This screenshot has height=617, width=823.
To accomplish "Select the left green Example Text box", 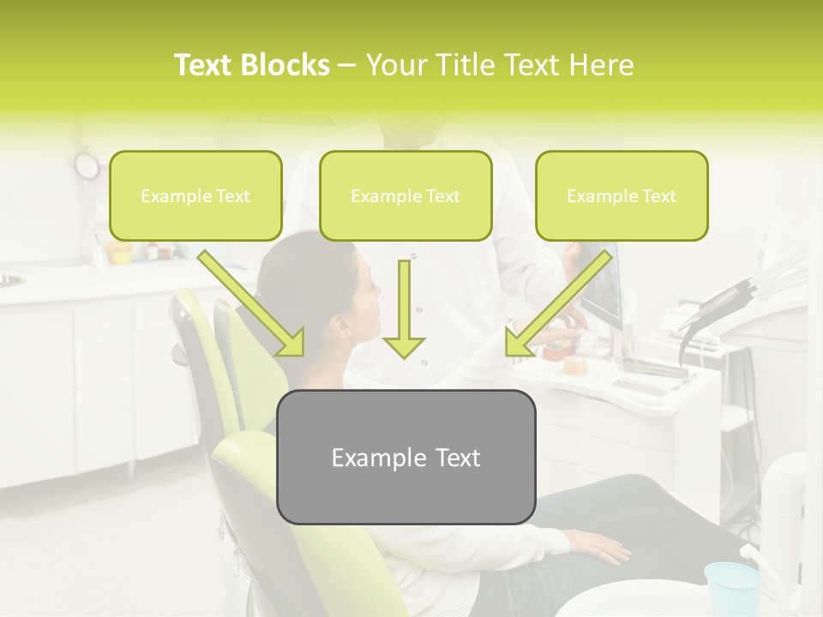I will [195, 196].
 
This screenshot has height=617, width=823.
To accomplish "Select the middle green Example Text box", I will [405, 196].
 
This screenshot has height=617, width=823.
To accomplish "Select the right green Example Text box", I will [622, 196].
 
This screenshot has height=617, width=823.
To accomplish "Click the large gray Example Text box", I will [405, 458].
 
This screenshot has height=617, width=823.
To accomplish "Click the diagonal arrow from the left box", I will [252, 303].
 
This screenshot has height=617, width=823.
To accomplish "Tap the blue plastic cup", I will [732, 589].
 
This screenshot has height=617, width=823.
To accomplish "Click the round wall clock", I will [87, 165].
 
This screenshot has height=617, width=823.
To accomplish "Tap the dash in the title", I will [347, 66].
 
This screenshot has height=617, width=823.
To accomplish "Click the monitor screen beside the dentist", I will [603, 287].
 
